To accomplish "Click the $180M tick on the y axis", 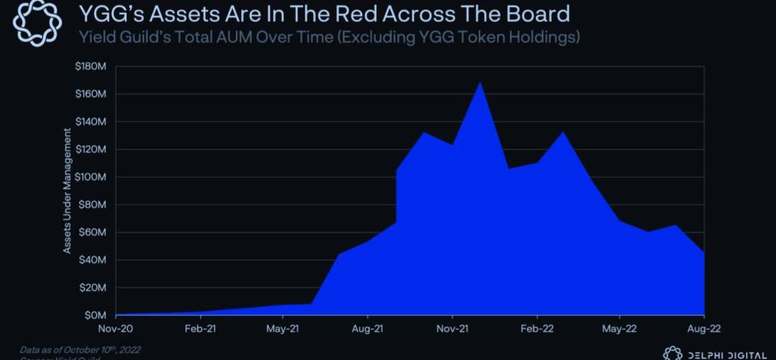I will [x=91, y=67].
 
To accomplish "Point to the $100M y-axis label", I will [x=91, y=177].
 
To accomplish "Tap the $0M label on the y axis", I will [x=96, y=315].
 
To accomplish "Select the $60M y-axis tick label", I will [x=93, y=233].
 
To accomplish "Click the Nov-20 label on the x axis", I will [x=116, y=328].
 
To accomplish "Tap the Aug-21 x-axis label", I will [x=367, y=328].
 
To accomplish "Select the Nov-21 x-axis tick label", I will [x=452, y=328].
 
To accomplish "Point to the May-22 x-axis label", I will [x=619, y=328].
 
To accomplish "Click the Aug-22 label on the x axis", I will [x=703, y=328].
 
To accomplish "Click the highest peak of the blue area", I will [x=479, y=83].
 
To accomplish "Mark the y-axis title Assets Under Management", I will [x=68, y=191].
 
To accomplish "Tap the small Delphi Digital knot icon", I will [x=673, y=354].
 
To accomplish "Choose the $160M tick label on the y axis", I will [x=91, y=95].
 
